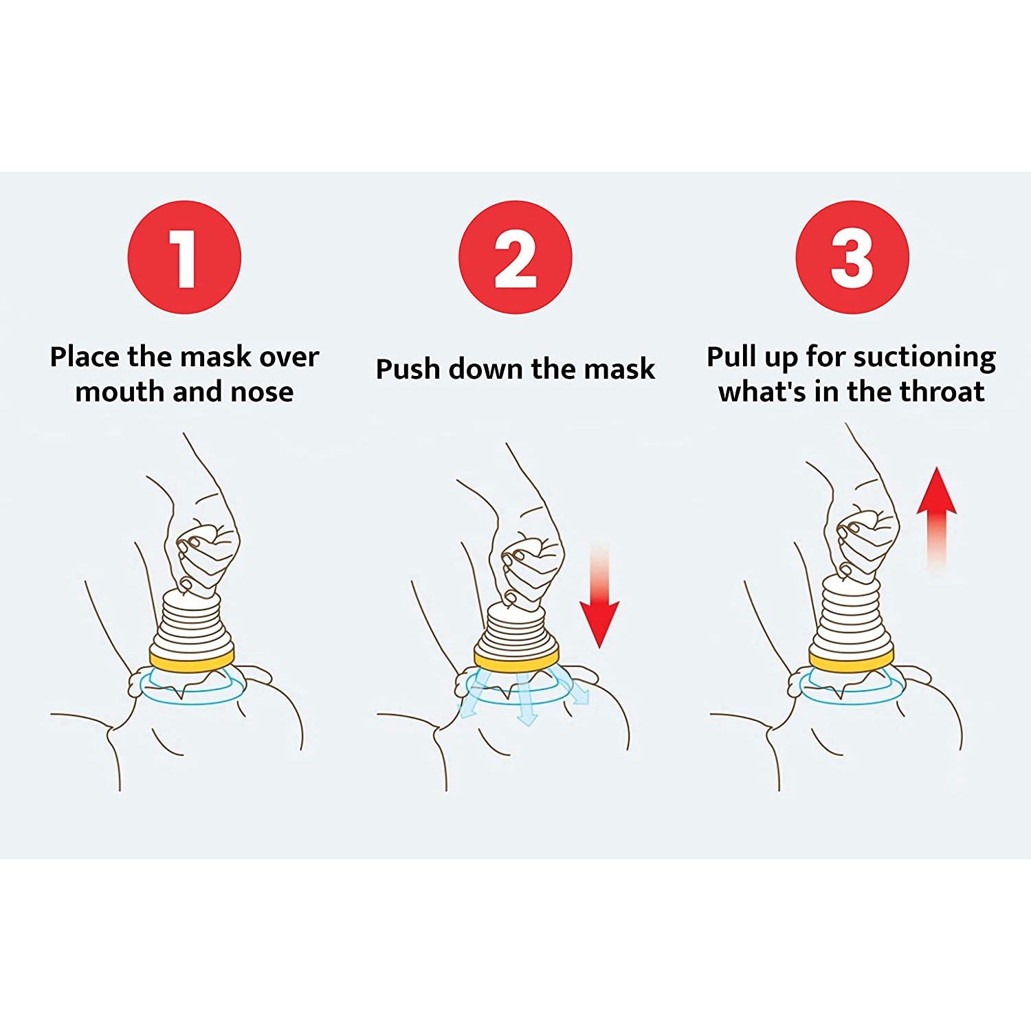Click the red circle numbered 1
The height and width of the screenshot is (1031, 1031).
[184, 257]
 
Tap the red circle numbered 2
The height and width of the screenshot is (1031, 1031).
[515, 257]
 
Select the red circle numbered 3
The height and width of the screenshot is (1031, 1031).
[852, 257]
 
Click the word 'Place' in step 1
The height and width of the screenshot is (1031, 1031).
[85, 357]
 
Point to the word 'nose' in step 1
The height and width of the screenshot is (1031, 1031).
[262, 392]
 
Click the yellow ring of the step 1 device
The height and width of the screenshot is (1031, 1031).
[192, 659]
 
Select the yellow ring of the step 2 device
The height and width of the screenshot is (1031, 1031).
[515, 661]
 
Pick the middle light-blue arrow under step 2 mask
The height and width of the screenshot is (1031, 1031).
[525, 701]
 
